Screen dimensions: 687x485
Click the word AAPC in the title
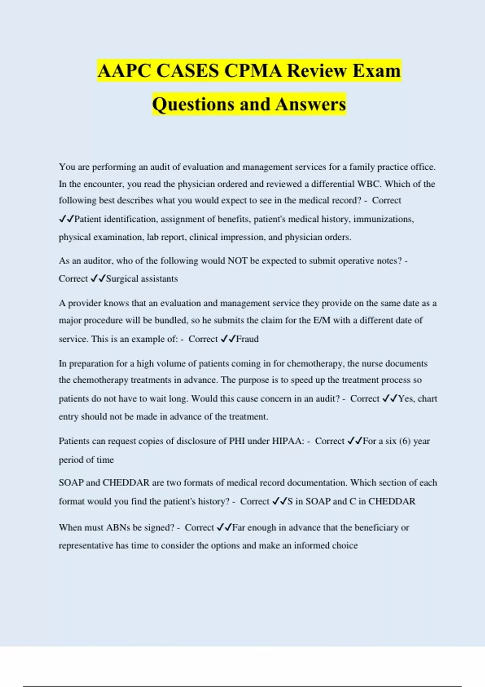124,71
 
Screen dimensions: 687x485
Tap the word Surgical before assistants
122,278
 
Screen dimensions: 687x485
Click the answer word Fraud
247,339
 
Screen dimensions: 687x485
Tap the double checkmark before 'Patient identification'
66,219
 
